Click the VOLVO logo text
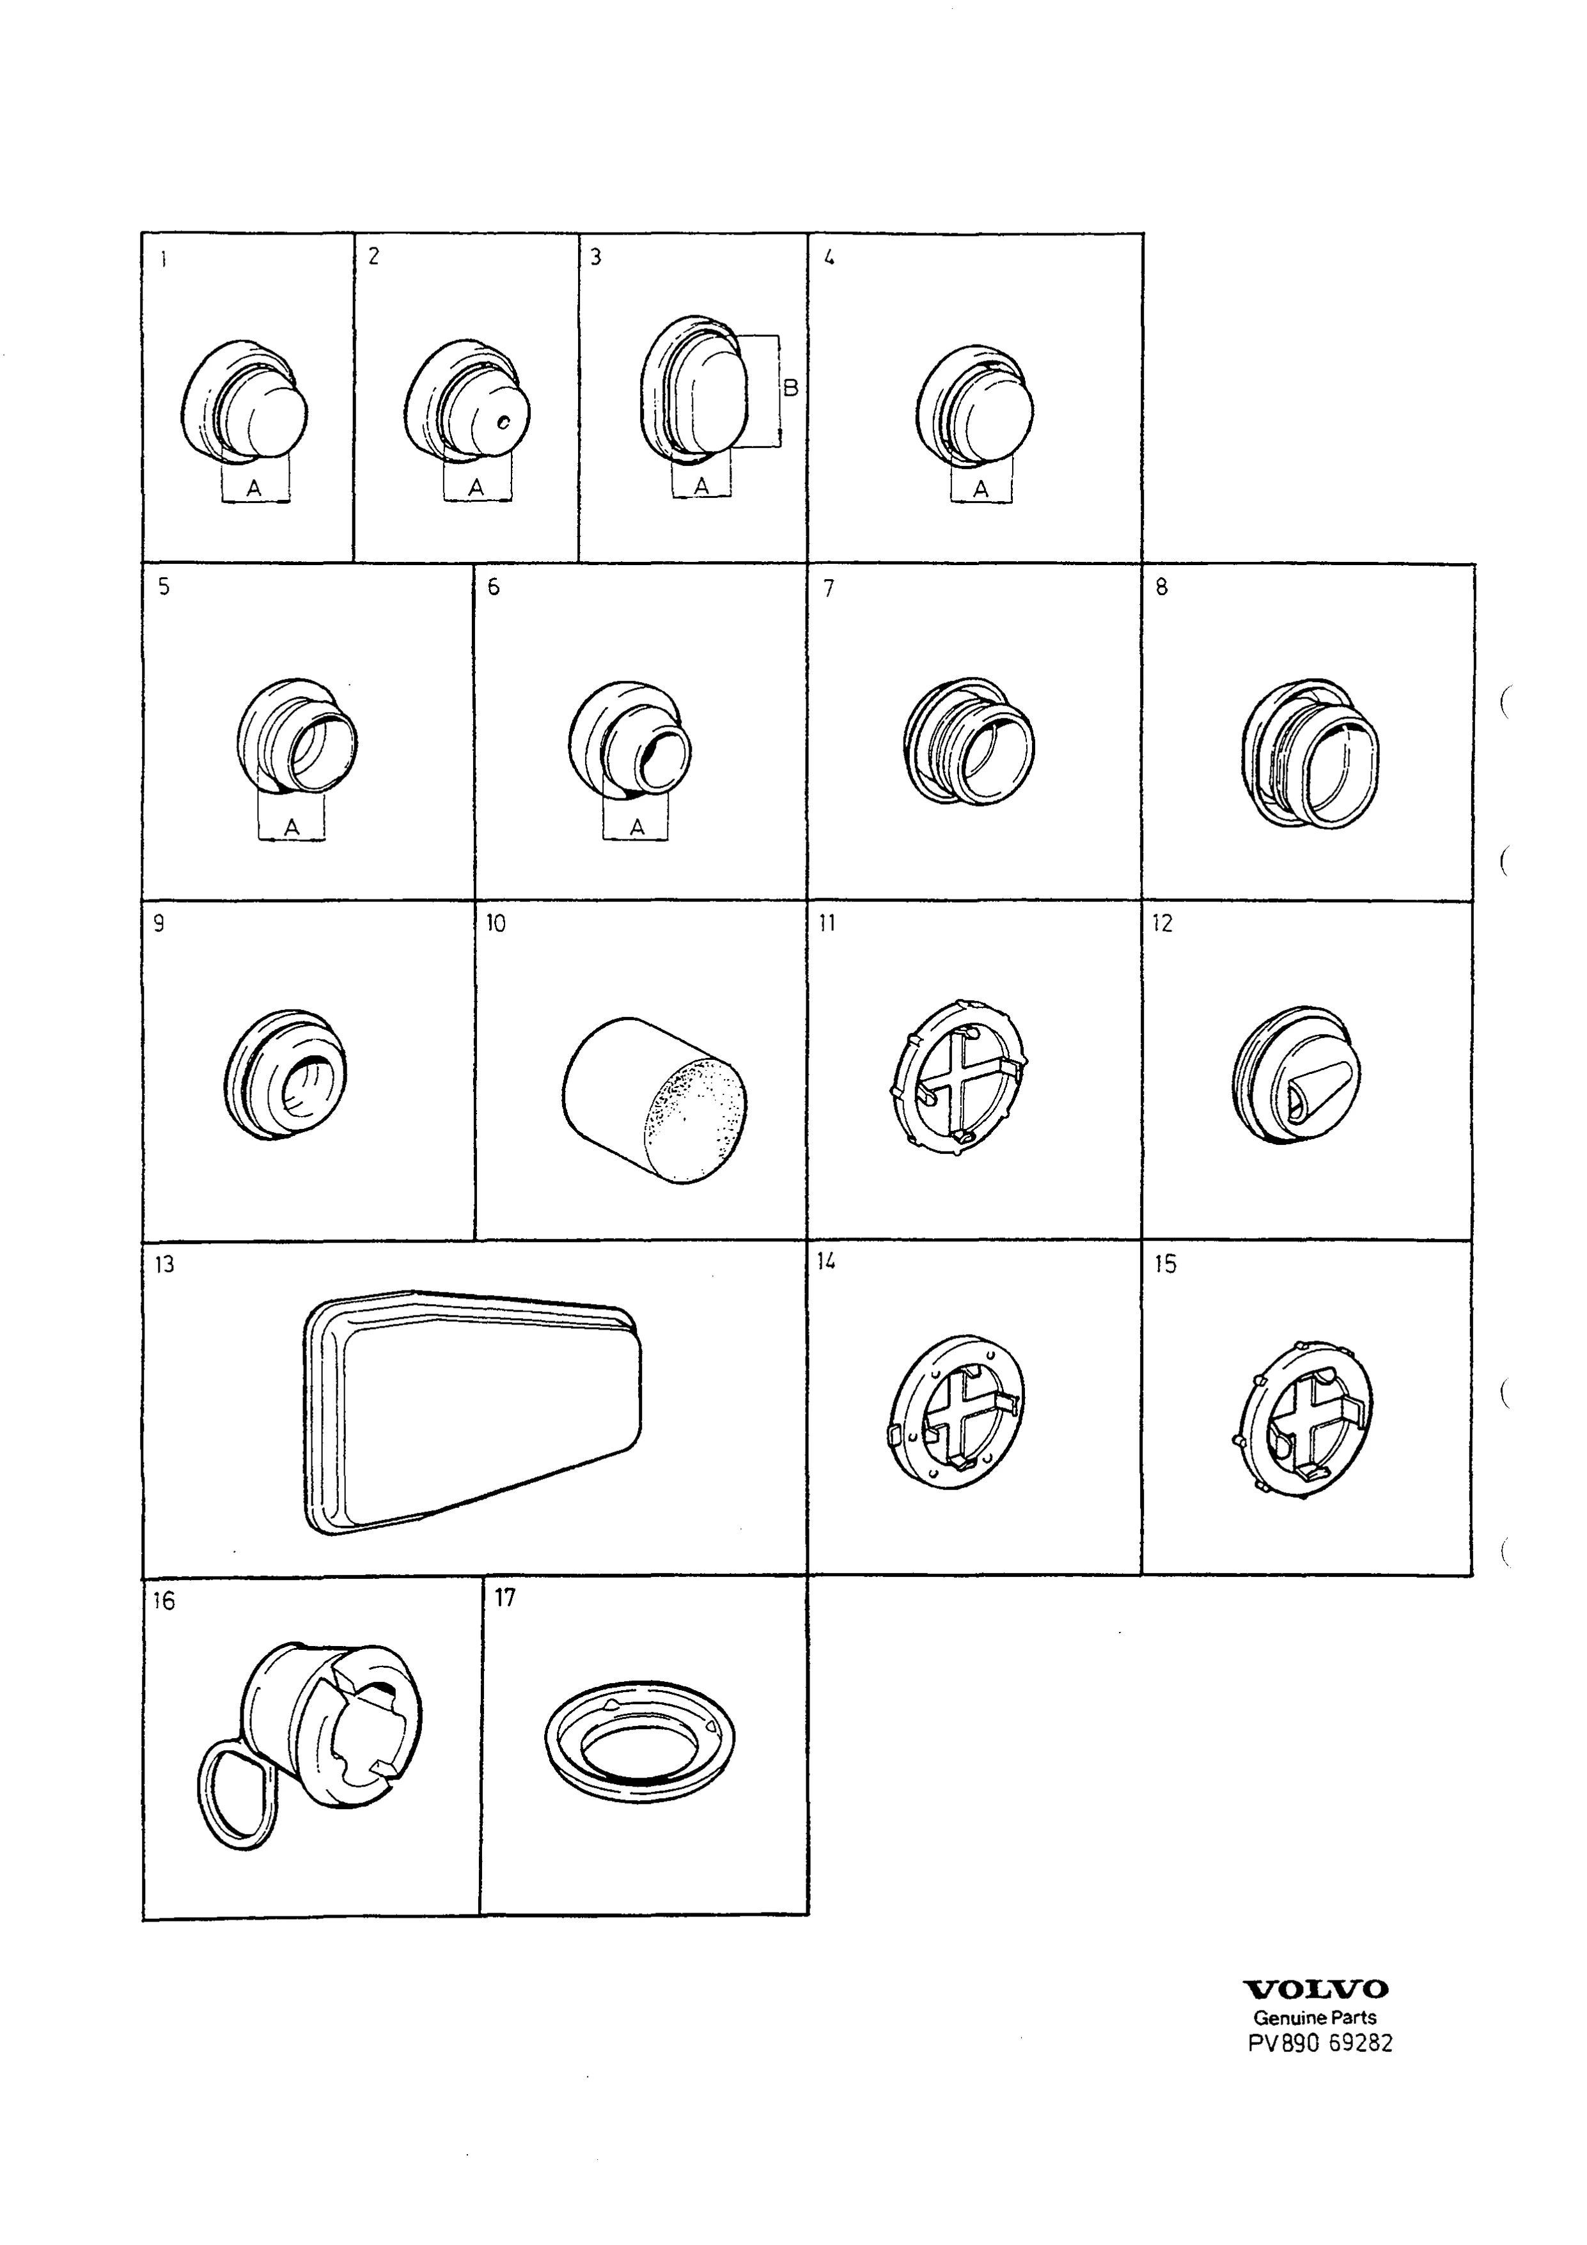[1315, 1990]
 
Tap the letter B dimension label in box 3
[791, 388]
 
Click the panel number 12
[1162, 924]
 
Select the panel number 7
[829, 589]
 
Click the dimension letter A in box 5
[292, 828]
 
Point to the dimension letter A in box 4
[981, 489]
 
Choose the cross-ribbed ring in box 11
[959, 1076]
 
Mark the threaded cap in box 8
[1310, 753]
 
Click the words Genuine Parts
[1315, 2017]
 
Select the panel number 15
[1166, 1264]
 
